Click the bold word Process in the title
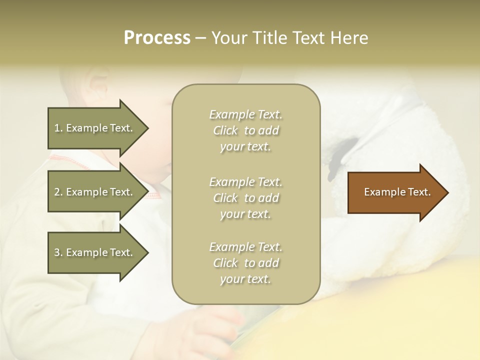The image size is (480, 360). [x=157, y=38]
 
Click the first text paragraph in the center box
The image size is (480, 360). [x=245, y=130]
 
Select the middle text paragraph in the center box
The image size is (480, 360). [x=245, y=198]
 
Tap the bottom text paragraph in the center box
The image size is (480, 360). [x=245, y=263]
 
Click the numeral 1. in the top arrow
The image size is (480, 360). [x=58, y=128]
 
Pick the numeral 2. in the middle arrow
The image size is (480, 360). [x=58, y=192]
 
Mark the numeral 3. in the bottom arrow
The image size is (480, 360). [x=58, y=252]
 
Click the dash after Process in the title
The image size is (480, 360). [x=200, y=38]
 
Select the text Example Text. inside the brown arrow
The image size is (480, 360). [x=397, y=192]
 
